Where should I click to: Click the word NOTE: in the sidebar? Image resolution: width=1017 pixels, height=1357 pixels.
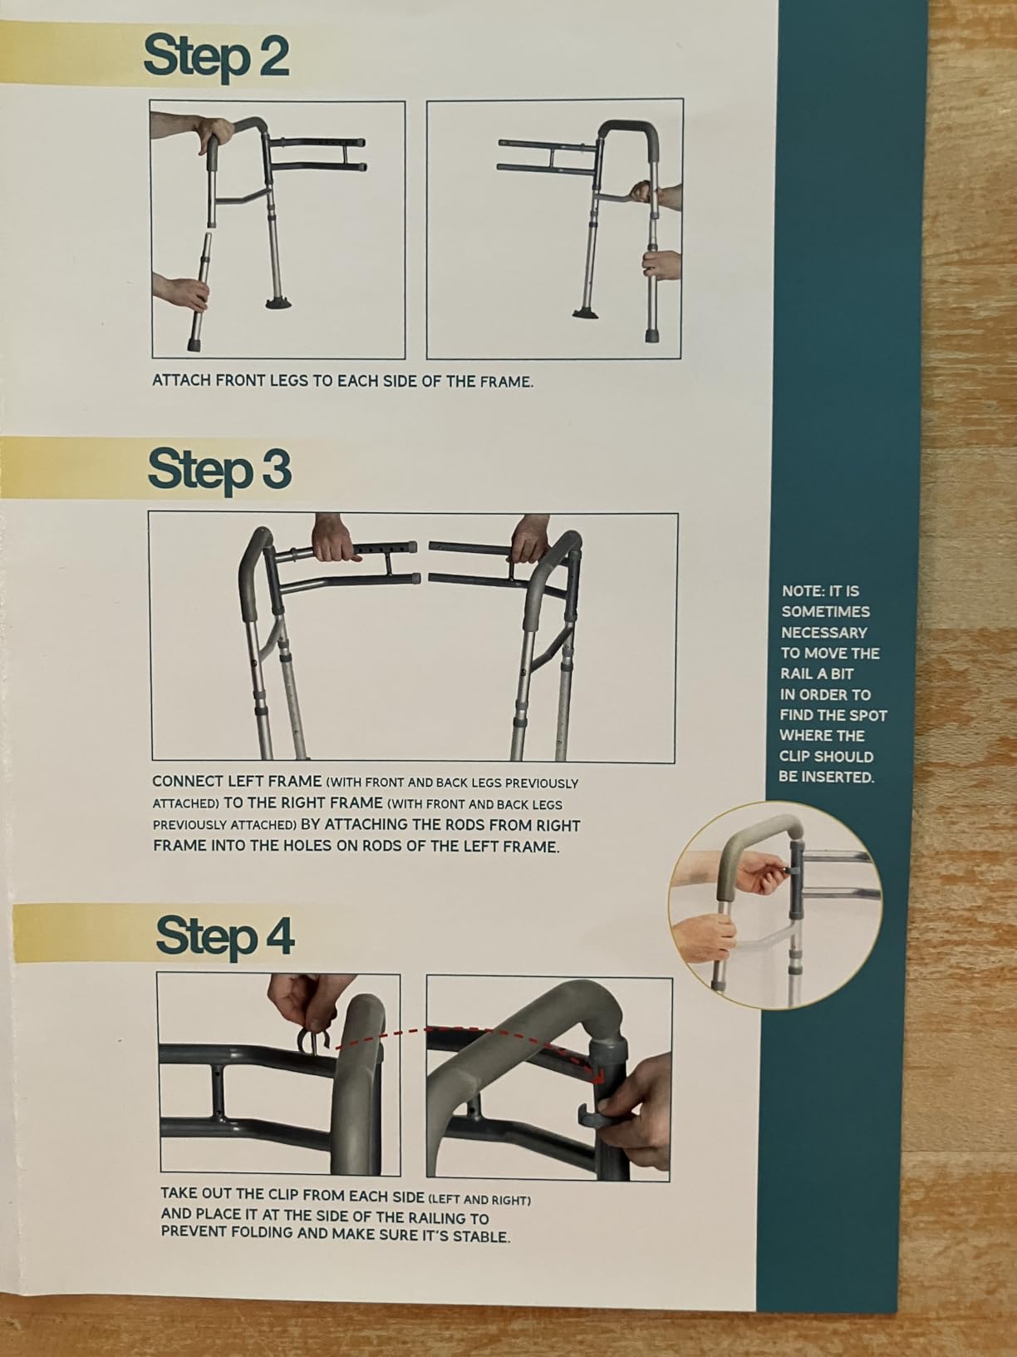802,591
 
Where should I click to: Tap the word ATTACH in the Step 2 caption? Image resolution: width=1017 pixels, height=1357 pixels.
180,380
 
